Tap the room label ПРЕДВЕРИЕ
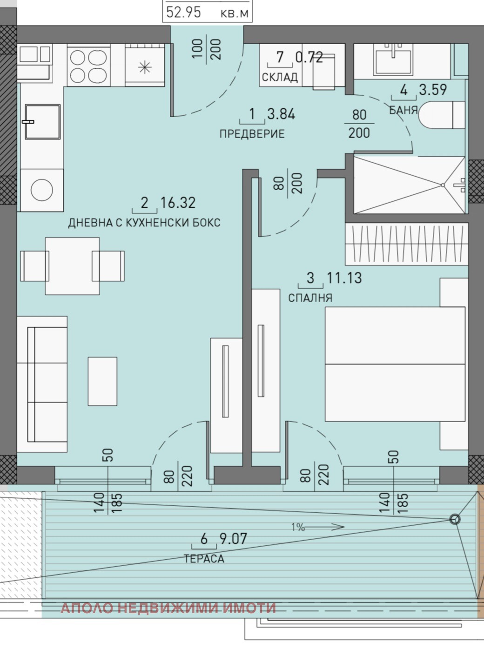(x=252, y=134)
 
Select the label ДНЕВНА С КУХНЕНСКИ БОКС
(x=144, y=223)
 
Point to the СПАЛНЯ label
(x=310, y=298)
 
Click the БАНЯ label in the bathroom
(x=403, y=110)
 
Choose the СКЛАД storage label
(x=280, y=77)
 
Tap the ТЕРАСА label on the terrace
(x=204, y=559)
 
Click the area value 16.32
(x=178, y=203)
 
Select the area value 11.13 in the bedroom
(x=344, y=278)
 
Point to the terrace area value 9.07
(x=233, y=539)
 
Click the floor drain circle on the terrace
(x=454, y=520)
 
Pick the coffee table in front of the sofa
(x=102, y=381)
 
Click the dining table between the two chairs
(x=72, y=266)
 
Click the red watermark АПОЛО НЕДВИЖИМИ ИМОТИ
(x=168, y=608)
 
